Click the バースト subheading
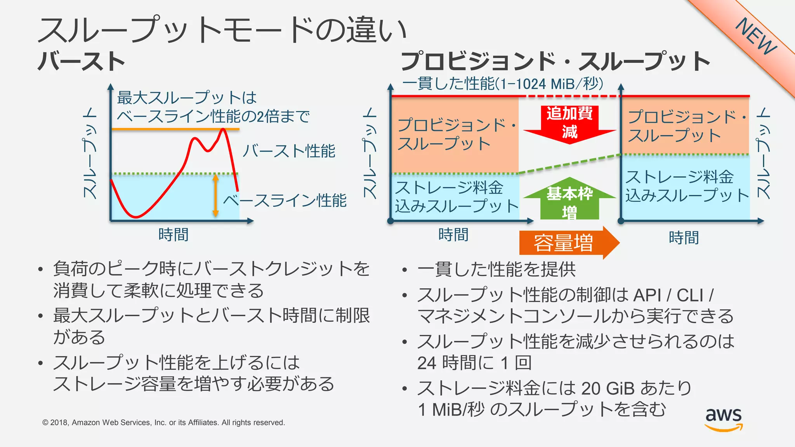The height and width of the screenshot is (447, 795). click(82, 61)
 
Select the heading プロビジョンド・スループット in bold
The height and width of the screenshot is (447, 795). click(555, 61)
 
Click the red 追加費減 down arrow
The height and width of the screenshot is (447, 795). click(569, 123)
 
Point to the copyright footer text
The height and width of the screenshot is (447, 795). click(163, 423)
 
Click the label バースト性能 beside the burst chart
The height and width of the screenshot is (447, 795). click(289, 151)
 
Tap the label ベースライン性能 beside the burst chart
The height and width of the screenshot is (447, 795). click(285, 201)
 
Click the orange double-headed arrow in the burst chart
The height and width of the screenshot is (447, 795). click(216, 195)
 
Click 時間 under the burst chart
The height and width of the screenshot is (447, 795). click(173, 235)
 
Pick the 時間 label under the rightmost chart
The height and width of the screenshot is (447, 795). click(684, 237)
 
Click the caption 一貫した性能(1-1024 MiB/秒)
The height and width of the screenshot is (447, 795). click(503, 83)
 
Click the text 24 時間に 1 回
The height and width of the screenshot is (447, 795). click(474, 363)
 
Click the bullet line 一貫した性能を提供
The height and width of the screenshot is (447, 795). click(496, 269)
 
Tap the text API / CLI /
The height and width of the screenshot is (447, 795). click(673, 295)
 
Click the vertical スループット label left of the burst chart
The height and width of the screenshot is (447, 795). click(90, 153)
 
